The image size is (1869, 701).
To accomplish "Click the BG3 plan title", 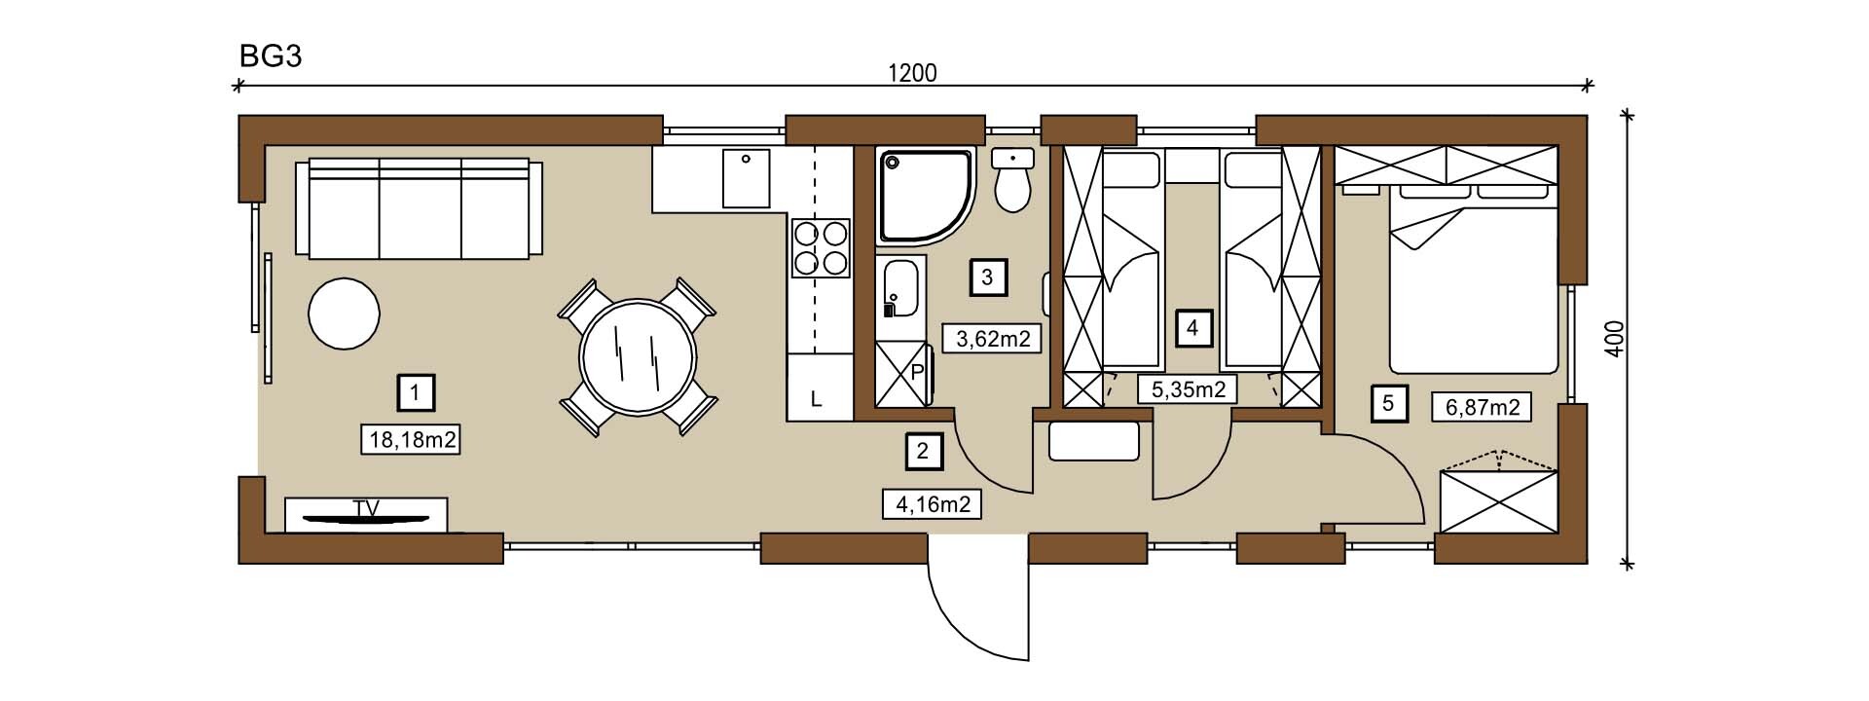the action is (x=271, y=56).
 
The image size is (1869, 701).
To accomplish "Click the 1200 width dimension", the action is (x=913, y=73).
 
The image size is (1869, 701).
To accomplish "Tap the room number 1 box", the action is (x=416, y=393).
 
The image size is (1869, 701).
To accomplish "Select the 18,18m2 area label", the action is (x=413, y=439).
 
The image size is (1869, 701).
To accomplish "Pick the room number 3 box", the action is (x=987, y=277).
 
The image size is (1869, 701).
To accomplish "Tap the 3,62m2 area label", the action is (x=993, y=339).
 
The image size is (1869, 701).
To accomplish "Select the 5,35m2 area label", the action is (x=1188, y=389).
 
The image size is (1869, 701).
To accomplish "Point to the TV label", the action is (x=366, y=507).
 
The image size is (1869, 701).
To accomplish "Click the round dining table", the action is (x=638, y=356).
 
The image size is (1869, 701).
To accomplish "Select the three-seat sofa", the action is (x=420, y=208).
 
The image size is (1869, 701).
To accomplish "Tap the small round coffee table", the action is (x=344, y=314).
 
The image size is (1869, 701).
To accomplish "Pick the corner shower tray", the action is (x=925, y=195).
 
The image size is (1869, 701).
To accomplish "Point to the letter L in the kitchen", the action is (x=817, y=398).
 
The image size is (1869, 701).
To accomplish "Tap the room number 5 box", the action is (x=1388, y=402).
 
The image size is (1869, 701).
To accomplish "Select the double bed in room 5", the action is (x=1472, y=277).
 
